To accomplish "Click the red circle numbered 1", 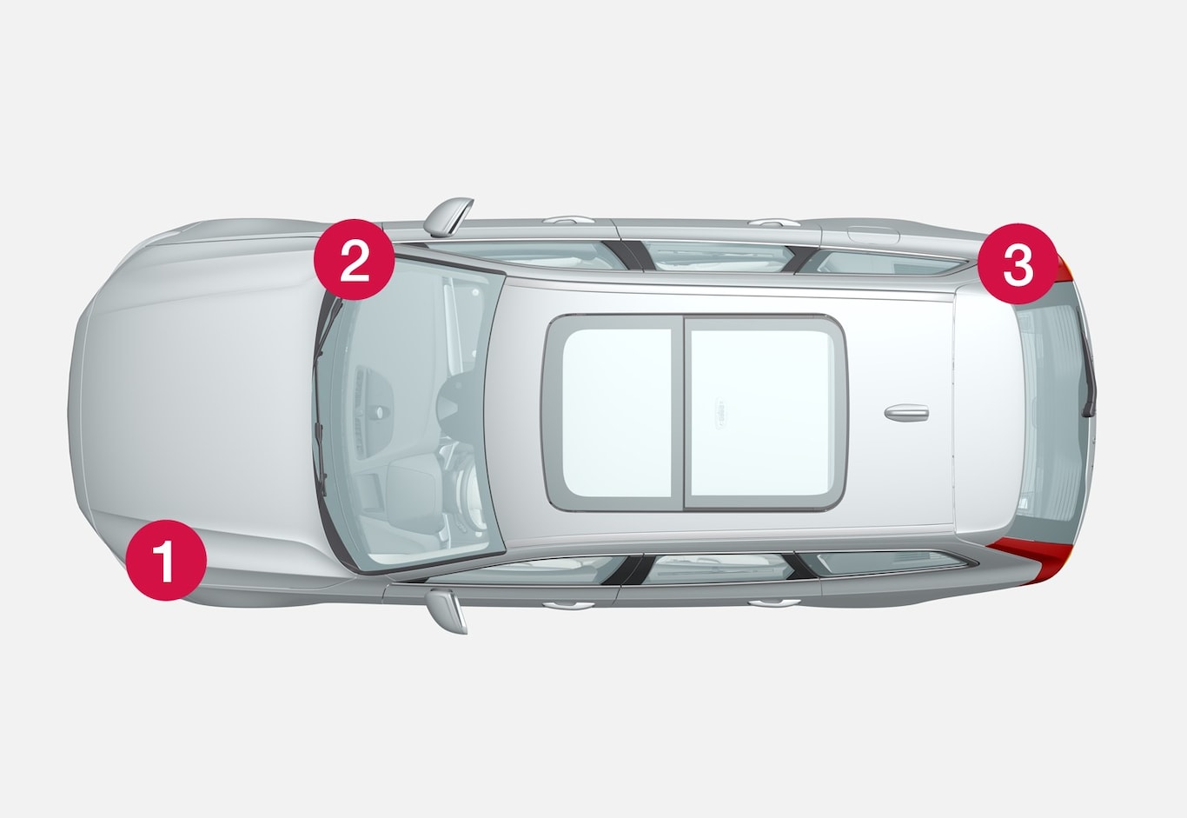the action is [166, 561].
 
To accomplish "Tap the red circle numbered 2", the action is [355, 259].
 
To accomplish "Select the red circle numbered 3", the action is [1018, 263].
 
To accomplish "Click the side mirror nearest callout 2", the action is [448, 216].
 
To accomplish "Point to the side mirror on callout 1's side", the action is [448, 611].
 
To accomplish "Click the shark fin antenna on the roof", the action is [906, 413].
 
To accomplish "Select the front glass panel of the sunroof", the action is [617, 413].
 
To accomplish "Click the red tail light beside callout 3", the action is [1064, 269].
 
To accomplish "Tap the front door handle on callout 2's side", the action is [568, 219].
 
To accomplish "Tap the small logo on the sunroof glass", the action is [721, 413].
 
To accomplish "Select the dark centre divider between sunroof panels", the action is [681, 413].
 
